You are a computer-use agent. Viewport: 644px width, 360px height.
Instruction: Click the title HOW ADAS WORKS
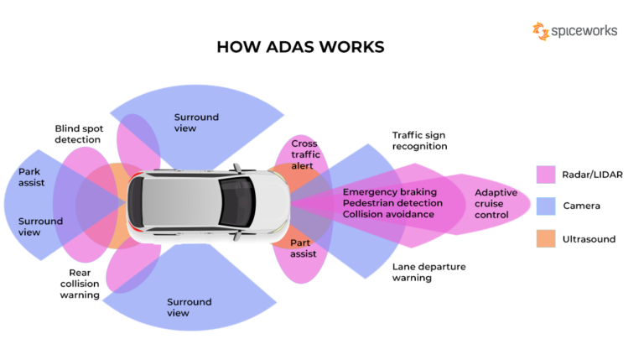click(300, 47)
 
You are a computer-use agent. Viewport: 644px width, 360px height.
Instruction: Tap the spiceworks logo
click(574, 31)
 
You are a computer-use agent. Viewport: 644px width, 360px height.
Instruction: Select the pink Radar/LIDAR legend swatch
click(546, 175)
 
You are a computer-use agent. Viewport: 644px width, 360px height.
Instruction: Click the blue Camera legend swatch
click(546, 206)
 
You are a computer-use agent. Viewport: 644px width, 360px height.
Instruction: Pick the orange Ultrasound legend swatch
click(546, 239)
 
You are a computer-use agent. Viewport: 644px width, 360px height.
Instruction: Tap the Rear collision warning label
click(80, 284)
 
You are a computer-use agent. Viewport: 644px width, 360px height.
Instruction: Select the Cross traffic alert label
click(306, 154)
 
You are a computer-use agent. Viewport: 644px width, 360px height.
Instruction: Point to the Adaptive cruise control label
click(496, 203)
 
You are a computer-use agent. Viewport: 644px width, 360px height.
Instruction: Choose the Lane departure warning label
click(428, 272)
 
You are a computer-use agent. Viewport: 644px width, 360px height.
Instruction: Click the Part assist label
click(304, 248)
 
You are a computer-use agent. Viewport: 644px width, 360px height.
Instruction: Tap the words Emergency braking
click(389, 191)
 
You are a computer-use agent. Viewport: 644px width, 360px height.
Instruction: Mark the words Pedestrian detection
click(392, 203)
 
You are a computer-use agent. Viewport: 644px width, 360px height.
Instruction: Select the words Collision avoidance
click(388, 214)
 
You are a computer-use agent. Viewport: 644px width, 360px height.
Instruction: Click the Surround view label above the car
click(196, 123)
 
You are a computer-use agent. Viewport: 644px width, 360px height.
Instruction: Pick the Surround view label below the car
click(190, 307)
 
